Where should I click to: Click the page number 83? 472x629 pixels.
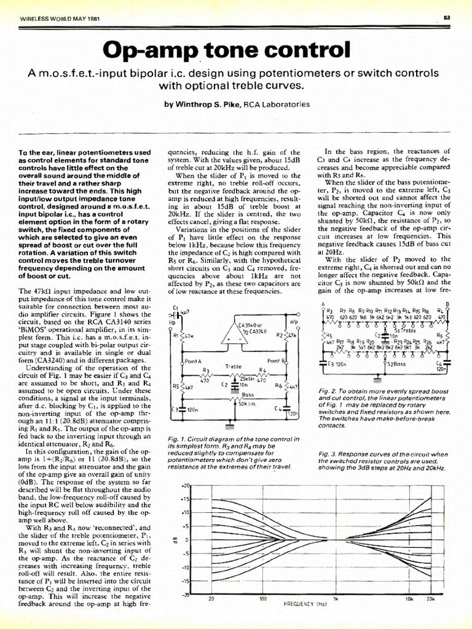[447, 18]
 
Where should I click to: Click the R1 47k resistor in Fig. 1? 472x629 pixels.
[182, 335]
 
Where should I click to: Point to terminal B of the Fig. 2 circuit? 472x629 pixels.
[446, 304]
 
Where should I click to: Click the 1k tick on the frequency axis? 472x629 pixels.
[336, 615]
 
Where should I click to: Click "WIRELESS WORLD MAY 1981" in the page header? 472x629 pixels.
[56, 18]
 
